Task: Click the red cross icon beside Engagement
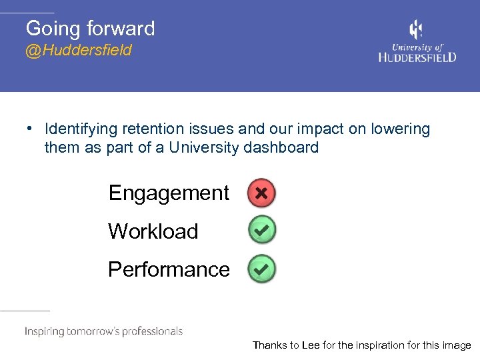261,193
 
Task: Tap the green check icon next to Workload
261,231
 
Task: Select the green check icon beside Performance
261,269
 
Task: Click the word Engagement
169,193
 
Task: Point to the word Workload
153,231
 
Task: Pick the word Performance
169,269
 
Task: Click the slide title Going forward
90,28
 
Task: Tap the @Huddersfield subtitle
79,51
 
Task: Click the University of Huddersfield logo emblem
415,30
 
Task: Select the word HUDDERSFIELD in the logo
417,57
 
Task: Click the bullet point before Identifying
30,128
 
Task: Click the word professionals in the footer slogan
150,331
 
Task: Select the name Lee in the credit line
311,345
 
